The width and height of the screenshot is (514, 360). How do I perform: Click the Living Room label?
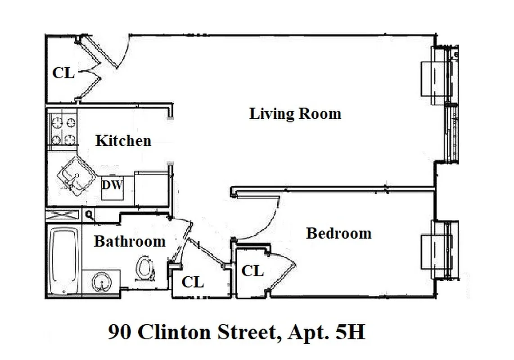click(295, 113)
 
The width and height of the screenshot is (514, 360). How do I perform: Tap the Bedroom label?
click(338, 233)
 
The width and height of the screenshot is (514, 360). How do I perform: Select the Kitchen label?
click(123, 141)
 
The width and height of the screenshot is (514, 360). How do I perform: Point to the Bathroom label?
click(130, 242)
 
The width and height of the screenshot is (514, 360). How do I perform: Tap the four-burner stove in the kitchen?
click(63, 130)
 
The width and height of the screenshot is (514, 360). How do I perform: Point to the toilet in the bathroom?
click(144, 268)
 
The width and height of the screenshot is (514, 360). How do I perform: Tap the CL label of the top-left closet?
click(63, 73)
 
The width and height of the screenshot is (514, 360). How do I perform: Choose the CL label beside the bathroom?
click(193, 283)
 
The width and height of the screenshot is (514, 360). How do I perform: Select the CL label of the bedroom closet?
click(252, 271)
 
